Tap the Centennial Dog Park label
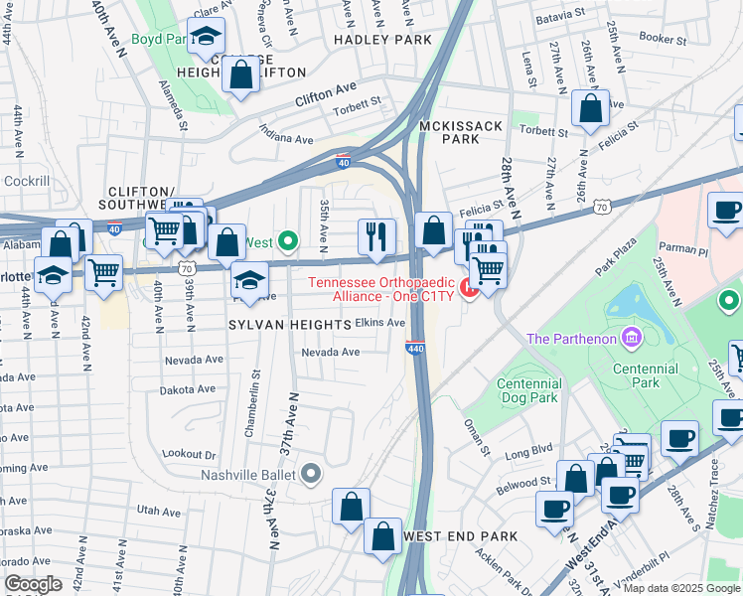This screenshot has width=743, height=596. tap(537, 390)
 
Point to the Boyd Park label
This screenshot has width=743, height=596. tap(160, 41)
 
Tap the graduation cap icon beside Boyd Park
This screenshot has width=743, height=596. tap(206, 38)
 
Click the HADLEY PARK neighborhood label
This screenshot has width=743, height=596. tap(382, 40)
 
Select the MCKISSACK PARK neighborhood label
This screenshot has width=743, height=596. tap(461, 133)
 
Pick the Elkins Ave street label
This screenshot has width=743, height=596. tap(380, 323)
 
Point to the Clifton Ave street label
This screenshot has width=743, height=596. tap(325, 94)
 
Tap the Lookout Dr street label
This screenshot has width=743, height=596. tap(189, 453)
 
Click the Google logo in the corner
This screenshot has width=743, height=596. tap(33, 584)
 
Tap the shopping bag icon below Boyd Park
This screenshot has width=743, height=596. tap(240, 75)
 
